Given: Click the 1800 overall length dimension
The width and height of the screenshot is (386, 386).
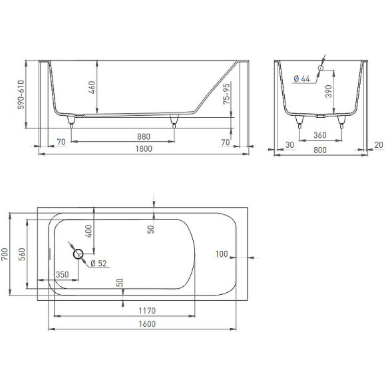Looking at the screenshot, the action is [x=144, y=148].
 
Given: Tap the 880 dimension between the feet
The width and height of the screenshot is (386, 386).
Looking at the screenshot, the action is [x=144, y=136].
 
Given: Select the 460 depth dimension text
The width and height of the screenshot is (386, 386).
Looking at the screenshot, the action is [x=92, y=87].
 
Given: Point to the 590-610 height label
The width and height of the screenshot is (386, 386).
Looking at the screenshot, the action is [x=21, y=95].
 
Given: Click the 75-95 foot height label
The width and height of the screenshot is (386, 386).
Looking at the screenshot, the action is [x=226, y=94].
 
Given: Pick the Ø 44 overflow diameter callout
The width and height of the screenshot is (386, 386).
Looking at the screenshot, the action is [x=301, y=79].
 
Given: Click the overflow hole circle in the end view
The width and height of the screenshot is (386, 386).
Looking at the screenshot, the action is [x=321, y=68].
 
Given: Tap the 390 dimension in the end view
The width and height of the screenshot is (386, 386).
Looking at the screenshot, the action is [x=329, y=91].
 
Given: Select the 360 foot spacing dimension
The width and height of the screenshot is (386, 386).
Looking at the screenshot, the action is [x=320, y=135].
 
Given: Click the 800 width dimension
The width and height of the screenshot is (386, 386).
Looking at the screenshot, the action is [x=320, y=150].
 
